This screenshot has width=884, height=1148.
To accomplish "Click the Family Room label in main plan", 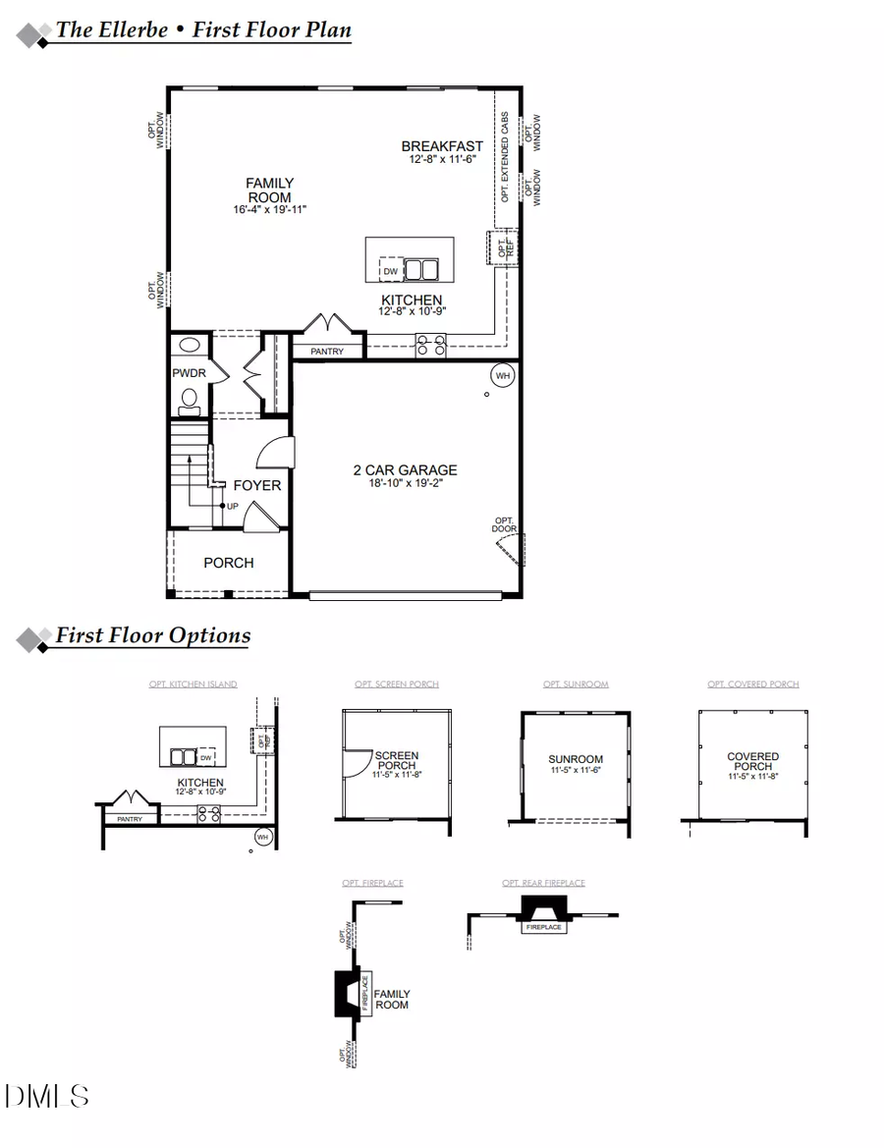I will pos(269,190).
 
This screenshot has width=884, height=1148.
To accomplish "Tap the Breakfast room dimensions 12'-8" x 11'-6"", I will pos(443,159).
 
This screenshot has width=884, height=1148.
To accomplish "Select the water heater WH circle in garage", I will pos(502,375).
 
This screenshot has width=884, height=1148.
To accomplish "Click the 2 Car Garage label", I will pos(405,470).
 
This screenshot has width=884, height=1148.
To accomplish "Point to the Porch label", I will pos(228,563).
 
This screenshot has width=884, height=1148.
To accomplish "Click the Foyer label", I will pos(256,485).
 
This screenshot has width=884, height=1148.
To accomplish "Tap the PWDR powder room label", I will pos(187,373).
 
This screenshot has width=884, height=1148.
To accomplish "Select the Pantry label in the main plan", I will pos(326,351).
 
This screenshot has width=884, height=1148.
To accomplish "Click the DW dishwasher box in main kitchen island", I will pos(390,271).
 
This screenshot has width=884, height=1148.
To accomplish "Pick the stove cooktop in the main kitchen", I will pos(430,345).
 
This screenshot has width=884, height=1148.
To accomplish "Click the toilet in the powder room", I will pos(190,400).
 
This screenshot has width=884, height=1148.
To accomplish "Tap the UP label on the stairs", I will pos(232,506).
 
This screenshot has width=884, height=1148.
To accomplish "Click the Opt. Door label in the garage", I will pos(504,524).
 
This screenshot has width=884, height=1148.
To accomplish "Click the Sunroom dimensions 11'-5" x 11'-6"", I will pos(576,772).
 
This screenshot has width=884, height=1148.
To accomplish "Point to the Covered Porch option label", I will pos(752,761).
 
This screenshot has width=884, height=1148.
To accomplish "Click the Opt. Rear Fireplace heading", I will pos(543,883).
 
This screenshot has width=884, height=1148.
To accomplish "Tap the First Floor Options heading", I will pos(152,635).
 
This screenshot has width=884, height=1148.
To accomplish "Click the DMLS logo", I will pos(47,1096).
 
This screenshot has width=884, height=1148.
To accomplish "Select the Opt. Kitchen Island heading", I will pos(193,684).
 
